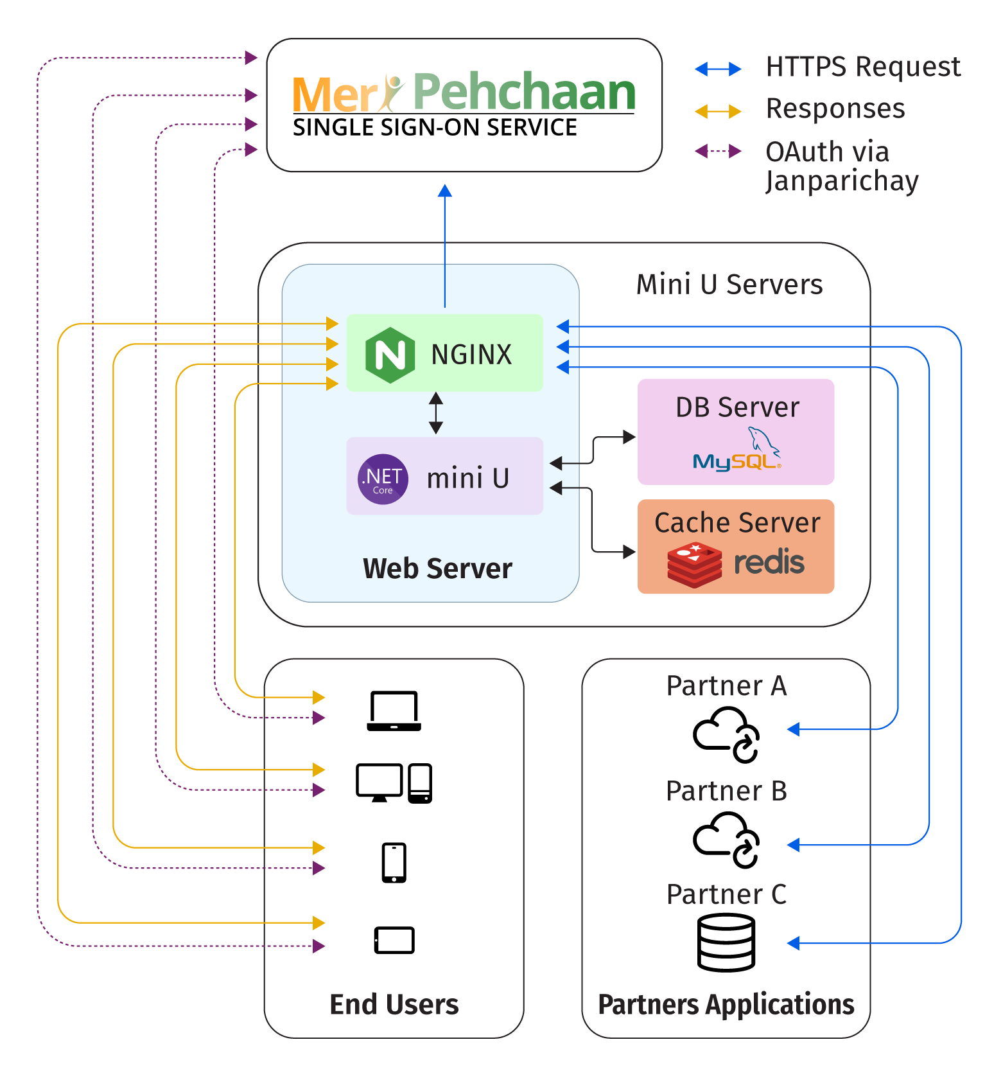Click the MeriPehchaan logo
[x=464, y=93]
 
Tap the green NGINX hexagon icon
[x=390, y=355]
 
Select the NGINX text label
[x=471, y=355]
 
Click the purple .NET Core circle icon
[x=383, y=479]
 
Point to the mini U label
[x=468, y=479]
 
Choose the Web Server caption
[x=437, y=569]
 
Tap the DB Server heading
[x=737, y=407]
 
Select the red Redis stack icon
[x=694, y=564]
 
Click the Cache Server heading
[x=737, y=523]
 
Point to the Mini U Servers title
[x=729, y=284]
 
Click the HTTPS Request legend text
[x=863, y=67]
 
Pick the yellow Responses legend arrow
[x=718, y=111]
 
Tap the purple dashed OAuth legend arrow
[x=718, y=152]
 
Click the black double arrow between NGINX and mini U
[x=436, y=412]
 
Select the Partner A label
[x=726, y=686]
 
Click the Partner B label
[x=726, y=791]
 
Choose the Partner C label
[x=726, y=894]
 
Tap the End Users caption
[x=394, y=1005]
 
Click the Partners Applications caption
[x=726, y=1005]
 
